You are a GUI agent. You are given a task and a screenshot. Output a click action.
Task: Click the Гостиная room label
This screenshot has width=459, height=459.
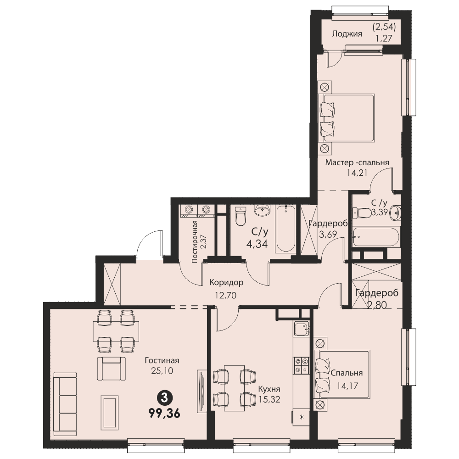[162, 360]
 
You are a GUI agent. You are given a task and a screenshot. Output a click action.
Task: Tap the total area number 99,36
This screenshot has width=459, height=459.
[164, 414]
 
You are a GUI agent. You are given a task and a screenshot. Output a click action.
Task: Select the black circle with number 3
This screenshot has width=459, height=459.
[164, 398]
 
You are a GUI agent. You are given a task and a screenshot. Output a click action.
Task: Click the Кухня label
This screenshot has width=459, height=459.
[269, 389]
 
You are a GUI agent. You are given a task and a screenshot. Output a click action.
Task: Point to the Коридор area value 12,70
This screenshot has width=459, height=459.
[225, 295]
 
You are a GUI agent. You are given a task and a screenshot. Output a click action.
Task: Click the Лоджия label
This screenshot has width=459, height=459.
[347, 34]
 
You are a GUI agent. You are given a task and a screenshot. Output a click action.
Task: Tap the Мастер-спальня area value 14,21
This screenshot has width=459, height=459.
[357, 173]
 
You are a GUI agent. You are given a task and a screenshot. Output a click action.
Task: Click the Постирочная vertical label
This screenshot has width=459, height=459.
[194, 242]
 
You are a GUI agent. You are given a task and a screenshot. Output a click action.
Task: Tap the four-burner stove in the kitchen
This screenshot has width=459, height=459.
[301, 366]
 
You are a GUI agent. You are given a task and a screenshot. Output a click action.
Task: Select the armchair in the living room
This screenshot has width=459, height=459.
[112, 368]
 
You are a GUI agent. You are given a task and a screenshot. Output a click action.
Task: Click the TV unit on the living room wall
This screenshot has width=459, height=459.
[202, 392]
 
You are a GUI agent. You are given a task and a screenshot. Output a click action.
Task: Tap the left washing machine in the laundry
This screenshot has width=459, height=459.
[189, 211]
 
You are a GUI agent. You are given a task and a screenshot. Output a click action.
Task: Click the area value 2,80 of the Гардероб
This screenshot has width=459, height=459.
[377, 305]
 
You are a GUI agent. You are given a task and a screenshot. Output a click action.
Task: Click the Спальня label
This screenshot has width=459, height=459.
[347, 373]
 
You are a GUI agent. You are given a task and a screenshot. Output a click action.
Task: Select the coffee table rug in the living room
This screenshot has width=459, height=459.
[110, 413]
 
